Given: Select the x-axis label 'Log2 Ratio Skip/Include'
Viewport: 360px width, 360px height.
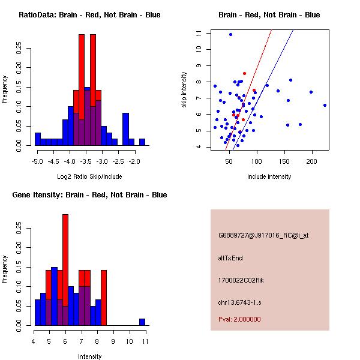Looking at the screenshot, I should (x=89, y=176).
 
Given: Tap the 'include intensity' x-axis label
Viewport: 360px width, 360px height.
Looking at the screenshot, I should (x=269, y=176).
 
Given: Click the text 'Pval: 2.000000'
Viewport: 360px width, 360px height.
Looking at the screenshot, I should (x=239, y=319).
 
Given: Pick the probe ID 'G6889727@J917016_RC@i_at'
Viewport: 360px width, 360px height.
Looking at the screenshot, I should (x=263, y=236).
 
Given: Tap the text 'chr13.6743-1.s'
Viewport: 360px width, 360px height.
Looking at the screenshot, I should (x=238, y=302).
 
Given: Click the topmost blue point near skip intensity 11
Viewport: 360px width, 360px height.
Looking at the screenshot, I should (x=230, y=34).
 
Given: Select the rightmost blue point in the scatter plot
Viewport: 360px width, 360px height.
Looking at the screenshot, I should (x=325, y=105).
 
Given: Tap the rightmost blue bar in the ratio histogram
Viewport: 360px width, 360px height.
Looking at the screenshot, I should (x=142, y=142).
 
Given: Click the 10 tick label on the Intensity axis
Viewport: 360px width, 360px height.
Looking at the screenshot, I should (x=130, y=341).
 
